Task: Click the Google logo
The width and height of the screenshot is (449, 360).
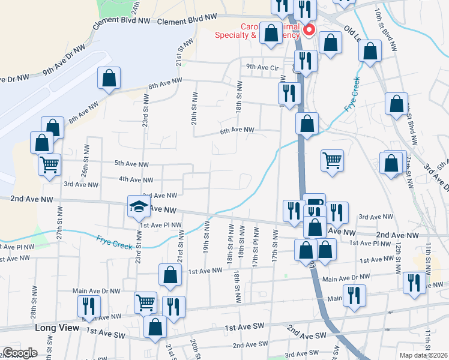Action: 20,353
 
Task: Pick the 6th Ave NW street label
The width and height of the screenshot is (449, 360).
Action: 237,130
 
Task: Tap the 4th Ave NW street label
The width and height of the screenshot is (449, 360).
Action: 136,179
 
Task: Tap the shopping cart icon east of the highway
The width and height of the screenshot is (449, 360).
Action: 332,160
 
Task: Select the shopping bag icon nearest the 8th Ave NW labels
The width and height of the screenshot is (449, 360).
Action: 109,78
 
